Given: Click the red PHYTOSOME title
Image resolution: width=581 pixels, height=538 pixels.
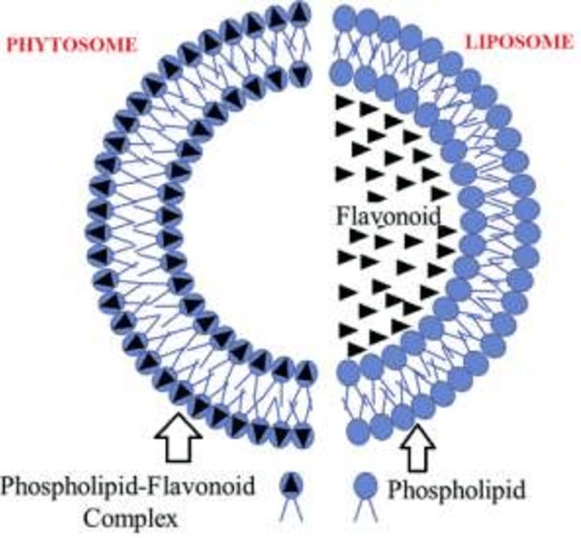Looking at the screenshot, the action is [x=72, y=45].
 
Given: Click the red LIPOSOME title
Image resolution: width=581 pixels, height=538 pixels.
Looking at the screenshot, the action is [x=519, y=41].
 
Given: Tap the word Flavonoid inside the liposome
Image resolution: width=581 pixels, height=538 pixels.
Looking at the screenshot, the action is [x=389, y=216].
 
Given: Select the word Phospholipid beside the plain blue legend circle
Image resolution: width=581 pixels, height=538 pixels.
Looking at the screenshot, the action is [x=456, y=489].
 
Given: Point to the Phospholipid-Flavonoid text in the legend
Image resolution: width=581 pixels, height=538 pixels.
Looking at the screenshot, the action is [x=128, y=486].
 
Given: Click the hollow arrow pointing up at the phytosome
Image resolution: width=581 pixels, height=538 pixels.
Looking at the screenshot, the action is [x=179, y=437].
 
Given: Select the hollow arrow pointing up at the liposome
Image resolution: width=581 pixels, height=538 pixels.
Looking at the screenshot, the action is [x=419, y=448].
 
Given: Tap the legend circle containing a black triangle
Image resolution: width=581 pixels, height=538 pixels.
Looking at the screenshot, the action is [x=291, y=485].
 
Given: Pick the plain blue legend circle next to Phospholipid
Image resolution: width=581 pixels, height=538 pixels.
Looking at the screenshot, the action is [x=365, y=485].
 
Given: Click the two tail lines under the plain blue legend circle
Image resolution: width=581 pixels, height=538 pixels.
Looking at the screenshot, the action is [x=365, y=509].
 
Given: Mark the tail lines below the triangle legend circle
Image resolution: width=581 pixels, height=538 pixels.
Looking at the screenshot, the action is [x=292, y=509].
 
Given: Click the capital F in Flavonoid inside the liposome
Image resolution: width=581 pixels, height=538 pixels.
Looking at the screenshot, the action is [x=343, y=216].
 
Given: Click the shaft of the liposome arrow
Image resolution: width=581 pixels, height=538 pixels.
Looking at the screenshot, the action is [x=419, y=459].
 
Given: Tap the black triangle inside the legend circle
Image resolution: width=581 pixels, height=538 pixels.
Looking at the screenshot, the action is [x=291, y=484].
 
